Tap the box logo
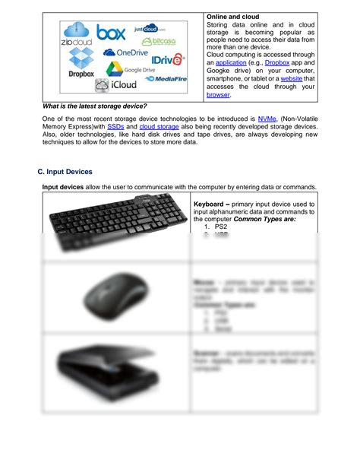pyautogui.click(x=111, y=33)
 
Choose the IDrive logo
pyautogui.click(x=168, y=59)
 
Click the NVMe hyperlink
pyautogui.click(x=267, y=119)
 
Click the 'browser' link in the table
pyautogui.click(x=219, y=95)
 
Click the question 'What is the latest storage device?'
pyautogui.click(x=94, y=106)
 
